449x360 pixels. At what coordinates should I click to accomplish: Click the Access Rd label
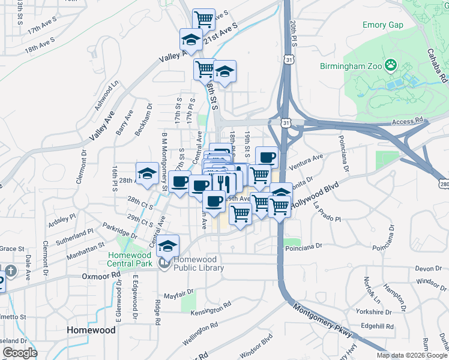pyautogui.click(x=408, y=121)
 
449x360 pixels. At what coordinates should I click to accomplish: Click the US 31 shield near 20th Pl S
pyautogui.click(x=289, y=61)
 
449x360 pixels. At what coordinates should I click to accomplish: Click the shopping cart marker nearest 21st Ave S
pyautogui.click(x=203, y=19)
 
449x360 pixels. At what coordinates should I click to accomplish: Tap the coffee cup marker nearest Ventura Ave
pyautogui.click(x=267, y=157)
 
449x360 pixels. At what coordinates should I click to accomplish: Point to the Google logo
pyautogui.click(x=20, y=353)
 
